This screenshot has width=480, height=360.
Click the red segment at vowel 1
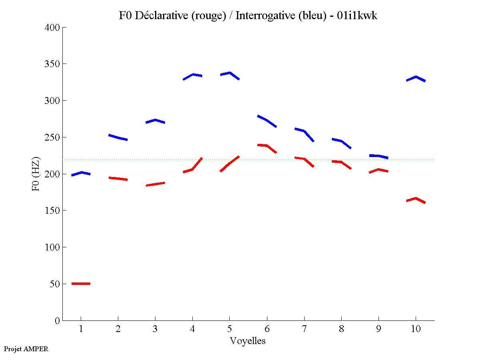coord(81,283)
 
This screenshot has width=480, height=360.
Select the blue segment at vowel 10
coord(416,77)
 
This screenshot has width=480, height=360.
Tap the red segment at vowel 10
coord(416,199)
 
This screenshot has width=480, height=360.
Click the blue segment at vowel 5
coord(229,73)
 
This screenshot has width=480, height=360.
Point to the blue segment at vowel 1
coord(81,173)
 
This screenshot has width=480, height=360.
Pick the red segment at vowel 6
coord(266,146)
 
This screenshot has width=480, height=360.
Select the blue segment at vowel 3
coord(155,120)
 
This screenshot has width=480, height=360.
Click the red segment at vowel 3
coord(155,184)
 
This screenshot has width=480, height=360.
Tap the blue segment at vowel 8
coord(341,141)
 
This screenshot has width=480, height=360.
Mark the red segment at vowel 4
coord(192,169)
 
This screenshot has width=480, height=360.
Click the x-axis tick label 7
coord(304,329)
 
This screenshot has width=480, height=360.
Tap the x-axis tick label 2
coord(118,329)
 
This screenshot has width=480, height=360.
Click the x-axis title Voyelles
coord(248,341)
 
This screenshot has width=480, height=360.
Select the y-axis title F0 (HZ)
coord(36,174)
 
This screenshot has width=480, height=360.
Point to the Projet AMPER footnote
coord(26,349)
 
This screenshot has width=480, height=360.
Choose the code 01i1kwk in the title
coord(357,16)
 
